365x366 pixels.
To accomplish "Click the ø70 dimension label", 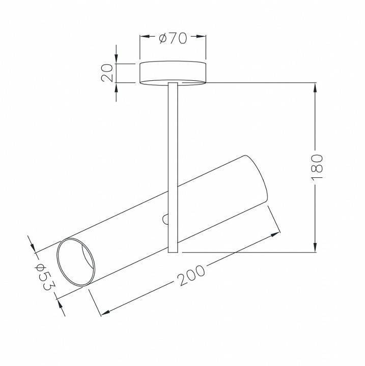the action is coord(173,39).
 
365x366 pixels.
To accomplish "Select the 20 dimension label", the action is coord(107,73).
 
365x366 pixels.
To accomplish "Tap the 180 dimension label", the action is coord(317,166).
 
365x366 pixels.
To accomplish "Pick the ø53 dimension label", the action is coord(45,277).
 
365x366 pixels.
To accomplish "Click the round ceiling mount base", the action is coord(173,73).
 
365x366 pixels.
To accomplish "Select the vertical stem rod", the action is coord(173,167).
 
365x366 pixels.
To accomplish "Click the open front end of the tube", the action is coord(76,262).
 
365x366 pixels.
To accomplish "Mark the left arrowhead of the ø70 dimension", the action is coord(145,37).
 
